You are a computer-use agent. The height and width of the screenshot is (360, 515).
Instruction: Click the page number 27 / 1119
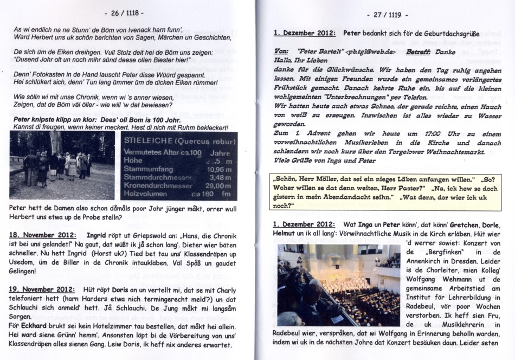tap(387, 14)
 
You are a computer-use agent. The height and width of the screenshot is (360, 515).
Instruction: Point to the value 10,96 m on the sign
tap(219, 169)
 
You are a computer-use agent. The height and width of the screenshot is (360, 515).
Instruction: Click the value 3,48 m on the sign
tap(220, 177)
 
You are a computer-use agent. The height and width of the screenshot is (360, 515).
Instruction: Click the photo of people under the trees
tap(62, 166)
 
